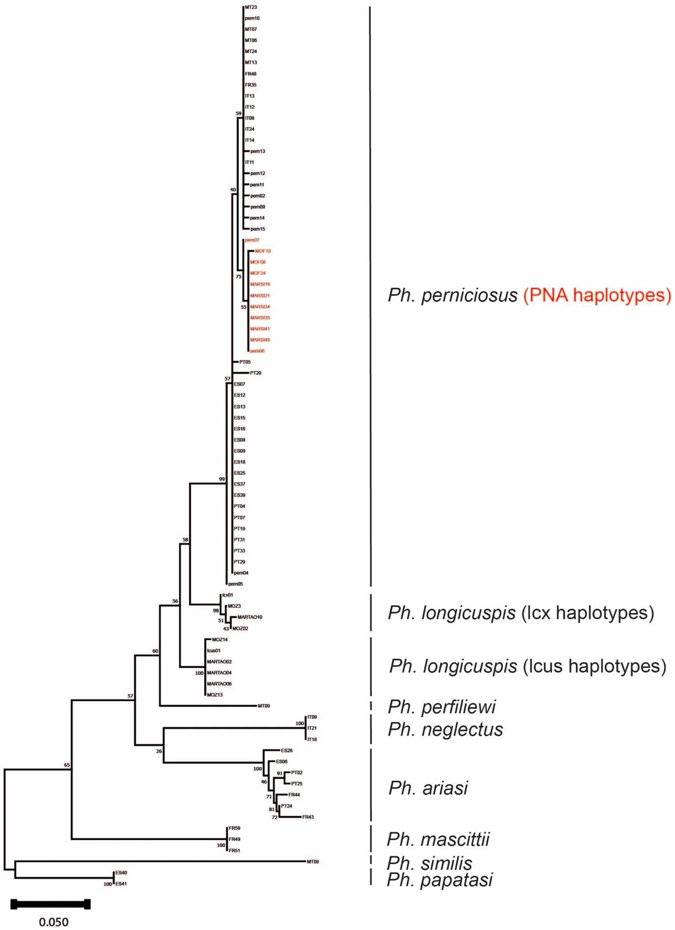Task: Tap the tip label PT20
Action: click(255, 373)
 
